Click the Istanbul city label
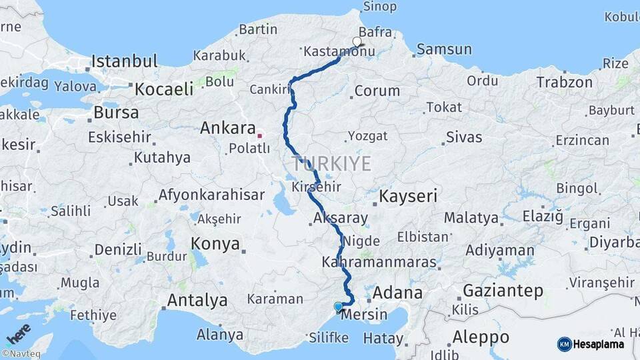tap(124, 61)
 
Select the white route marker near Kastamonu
tap(357, 42)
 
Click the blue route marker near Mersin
tap(339, 307)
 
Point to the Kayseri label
tap(408, 196)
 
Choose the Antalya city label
tap(197, 301)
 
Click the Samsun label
tap(444, 49)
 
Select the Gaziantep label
tap(503, 291)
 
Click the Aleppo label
tap(480, 336)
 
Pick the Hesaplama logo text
tap(600, 344)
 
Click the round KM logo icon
tap(564, 344)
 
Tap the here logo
tap(19, 331)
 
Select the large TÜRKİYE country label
tap(331, 164)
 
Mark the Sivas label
tap(463, 138)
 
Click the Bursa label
tap(116, 113)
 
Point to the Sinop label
tap(379, 7)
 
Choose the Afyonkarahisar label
tap(211, 196)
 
